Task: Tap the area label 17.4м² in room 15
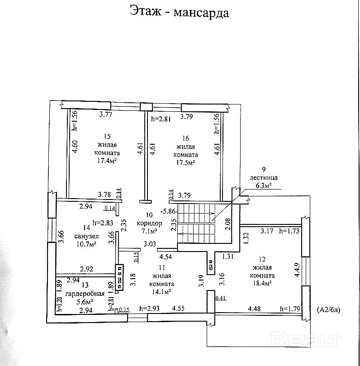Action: coord(107,161)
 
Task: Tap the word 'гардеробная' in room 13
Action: coord(80,293)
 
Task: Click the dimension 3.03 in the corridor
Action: coord(150,244)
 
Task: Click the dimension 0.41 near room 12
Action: coord(221,298)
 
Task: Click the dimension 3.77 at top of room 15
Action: coord(105,115)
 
